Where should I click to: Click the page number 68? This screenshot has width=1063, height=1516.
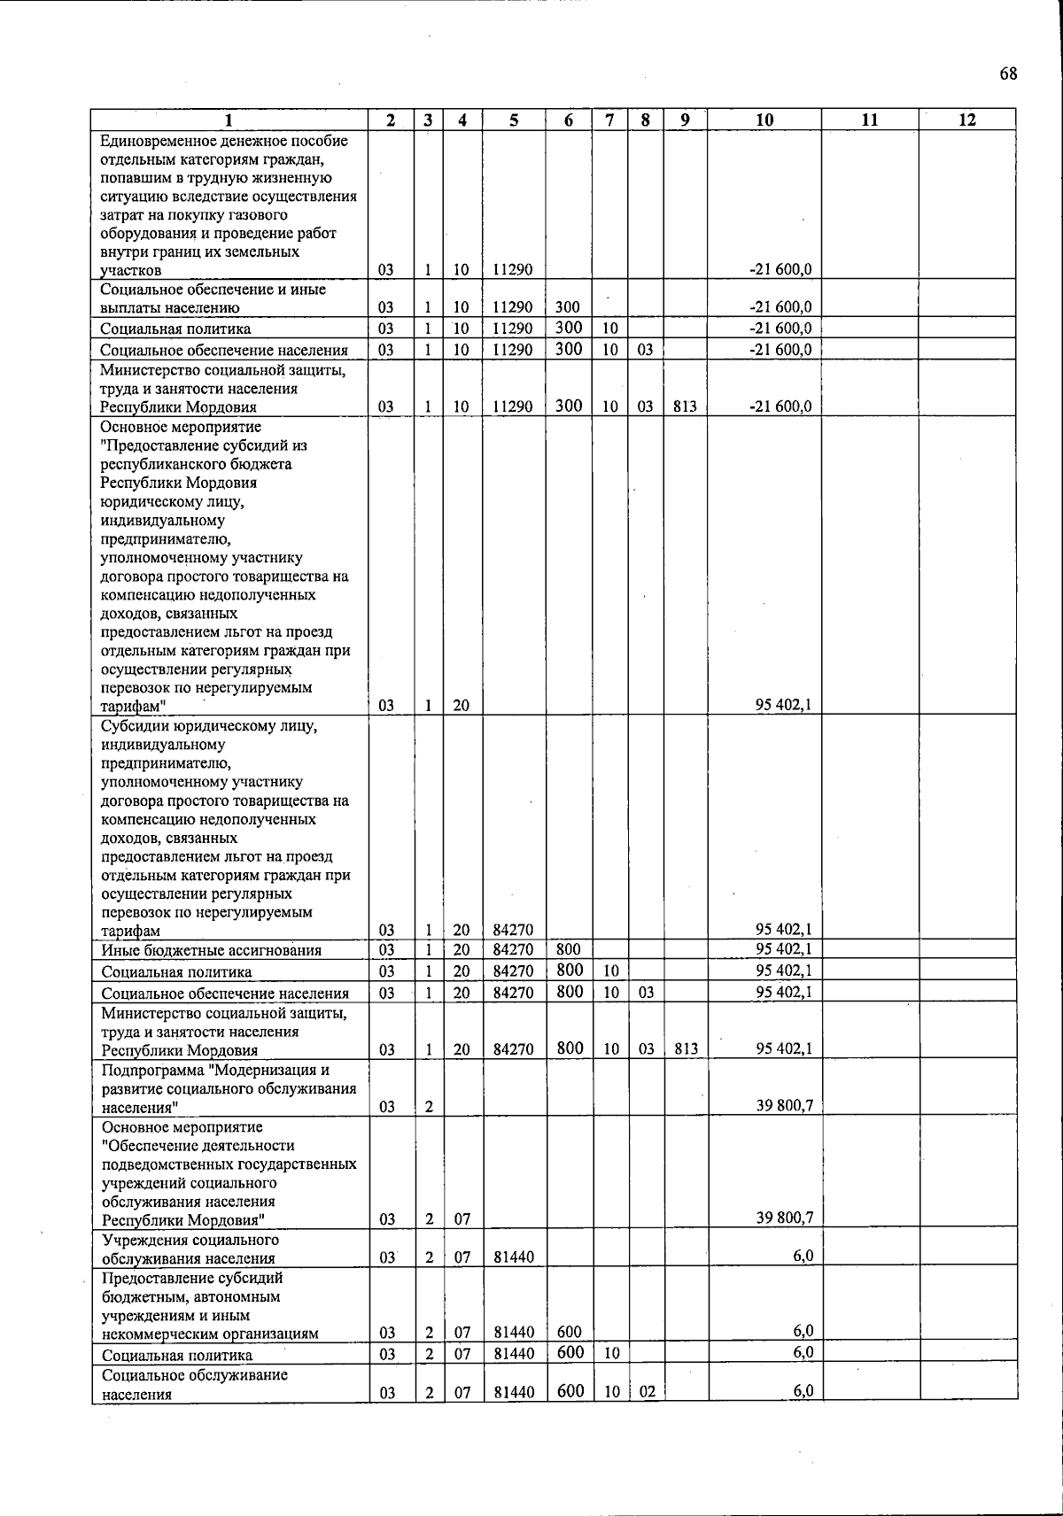tap(1008, 73)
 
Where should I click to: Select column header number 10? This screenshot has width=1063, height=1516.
tap(764, 120)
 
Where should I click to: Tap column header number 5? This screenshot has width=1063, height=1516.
tap(514, 120)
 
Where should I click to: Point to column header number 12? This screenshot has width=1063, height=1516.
tap(966, 120)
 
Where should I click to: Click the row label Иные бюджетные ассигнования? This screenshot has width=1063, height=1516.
tap(211, 951)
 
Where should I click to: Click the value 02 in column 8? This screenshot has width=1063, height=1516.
tap(647, 1392)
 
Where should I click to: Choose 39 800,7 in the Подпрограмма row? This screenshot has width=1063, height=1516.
tap(784, 1106)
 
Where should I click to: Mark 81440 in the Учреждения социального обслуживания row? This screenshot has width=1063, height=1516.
tap(514, 1257)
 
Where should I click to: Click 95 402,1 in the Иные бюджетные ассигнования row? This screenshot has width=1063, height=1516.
tap(784, 949)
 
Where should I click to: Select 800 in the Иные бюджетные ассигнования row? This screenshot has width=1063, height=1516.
tap(569, 949)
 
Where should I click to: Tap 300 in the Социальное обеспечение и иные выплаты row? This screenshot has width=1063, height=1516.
tap(568, 308)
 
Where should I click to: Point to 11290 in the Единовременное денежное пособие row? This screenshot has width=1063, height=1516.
tap(513, 270)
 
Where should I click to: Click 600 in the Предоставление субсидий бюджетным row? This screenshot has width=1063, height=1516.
tap(569, 1333)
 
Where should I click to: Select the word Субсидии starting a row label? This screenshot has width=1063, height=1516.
tap(133, 726)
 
